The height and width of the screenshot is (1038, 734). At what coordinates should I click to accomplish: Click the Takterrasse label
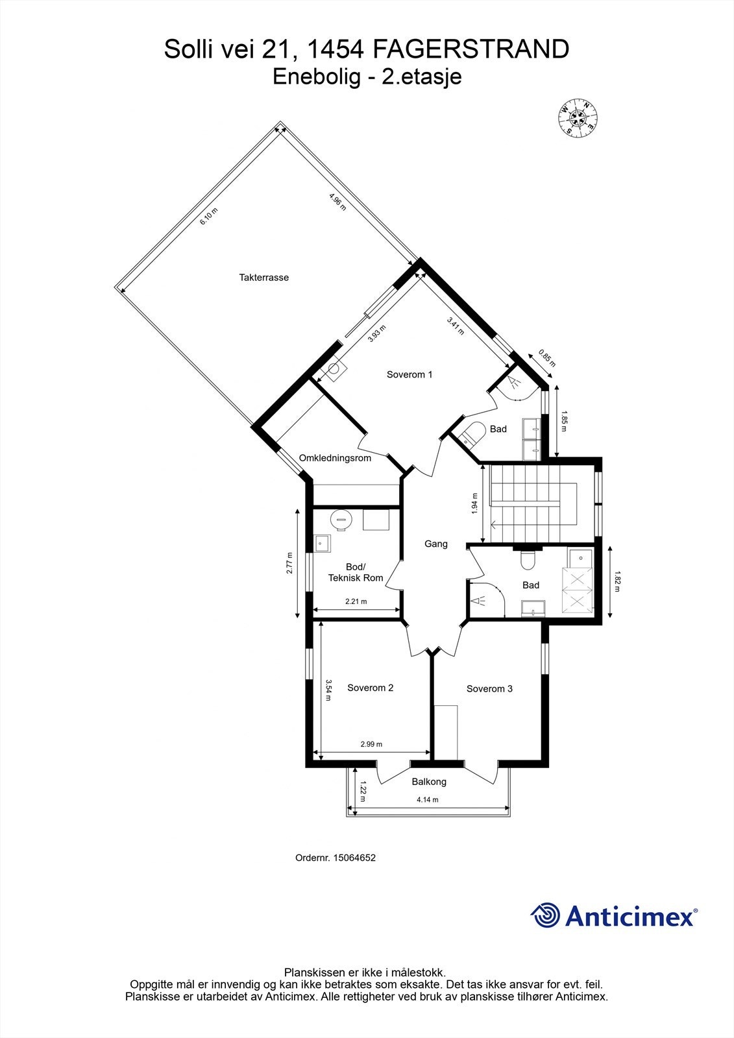coord(263,278)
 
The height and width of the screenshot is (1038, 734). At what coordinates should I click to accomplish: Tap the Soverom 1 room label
coord(409,374)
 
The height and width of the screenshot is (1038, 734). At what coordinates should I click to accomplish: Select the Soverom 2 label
coord(370,688)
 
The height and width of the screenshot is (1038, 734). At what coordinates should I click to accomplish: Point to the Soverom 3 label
coord(489,688)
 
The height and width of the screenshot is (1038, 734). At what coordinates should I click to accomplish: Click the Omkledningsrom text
coord(335,458)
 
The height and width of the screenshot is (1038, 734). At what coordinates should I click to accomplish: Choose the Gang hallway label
coord(435,544)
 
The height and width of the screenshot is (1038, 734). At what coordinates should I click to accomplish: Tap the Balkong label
coord(429,782)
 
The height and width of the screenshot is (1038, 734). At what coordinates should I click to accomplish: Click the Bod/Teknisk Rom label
coord(356,572)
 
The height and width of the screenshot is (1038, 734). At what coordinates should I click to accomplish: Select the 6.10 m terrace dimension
coord(208,216)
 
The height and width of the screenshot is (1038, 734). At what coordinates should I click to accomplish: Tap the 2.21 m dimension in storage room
coord(355,601)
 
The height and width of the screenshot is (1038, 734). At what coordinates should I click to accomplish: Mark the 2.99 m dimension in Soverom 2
coord(371,744)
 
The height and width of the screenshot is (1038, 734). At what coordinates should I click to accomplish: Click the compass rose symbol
coord(578,119)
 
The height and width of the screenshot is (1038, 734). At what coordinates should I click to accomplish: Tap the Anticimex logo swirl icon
coord(545,915)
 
